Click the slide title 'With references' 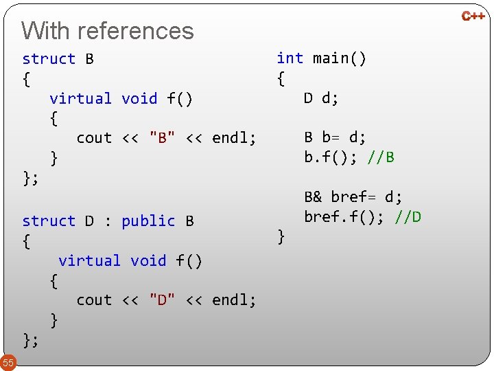pos(108,31)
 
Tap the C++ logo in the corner pos(473,15)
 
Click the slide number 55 pos(8,362)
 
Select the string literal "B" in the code pos(162,138)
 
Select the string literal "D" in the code pos(162,300)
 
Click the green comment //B pos(381,157)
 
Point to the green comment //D pos(408,217)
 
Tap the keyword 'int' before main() pos(290,58)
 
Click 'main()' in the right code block pos(340,58)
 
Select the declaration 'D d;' pos(321,98)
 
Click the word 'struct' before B pos(49,59)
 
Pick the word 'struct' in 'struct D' pos(49,221)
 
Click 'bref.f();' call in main pos(346,217)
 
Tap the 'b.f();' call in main pos(333,157)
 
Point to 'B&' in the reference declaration pos(313,197)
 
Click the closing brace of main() pos(281,237)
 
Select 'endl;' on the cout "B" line pos(234,138)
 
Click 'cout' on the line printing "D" pos(94,300)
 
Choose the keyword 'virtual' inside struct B pos(80,99)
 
